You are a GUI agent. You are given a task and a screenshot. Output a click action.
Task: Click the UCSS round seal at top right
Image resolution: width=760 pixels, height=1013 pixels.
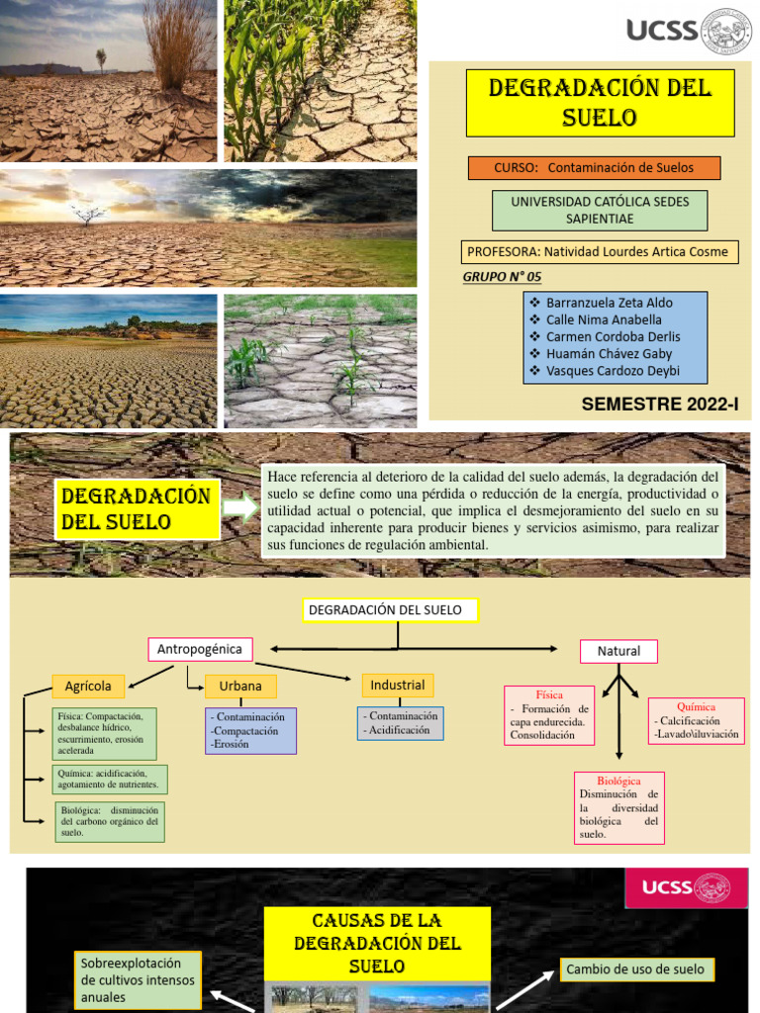tap(726, 31)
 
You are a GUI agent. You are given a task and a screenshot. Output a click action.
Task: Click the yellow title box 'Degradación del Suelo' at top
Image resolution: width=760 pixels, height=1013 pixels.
tap(600, 103)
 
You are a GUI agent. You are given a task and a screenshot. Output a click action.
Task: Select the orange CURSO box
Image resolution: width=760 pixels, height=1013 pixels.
tap(594, 168)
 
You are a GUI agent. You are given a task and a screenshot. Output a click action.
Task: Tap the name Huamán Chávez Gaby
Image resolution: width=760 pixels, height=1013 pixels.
tap(609, 354)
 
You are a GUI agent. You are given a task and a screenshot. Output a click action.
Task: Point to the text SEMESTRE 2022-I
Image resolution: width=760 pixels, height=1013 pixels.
tap(660, 404)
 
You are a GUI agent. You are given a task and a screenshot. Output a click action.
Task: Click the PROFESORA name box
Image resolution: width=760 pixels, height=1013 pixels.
tap(600, 251)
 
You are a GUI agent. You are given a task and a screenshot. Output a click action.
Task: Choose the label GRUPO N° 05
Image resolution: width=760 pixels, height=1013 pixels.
tap(502, 276)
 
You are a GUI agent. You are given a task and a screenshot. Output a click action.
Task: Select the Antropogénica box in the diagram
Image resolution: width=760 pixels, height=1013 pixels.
tap(200, 649)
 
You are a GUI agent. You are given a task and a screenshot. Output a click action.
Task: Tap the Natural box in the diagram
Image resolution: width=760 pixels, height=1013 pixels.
tap(618, 651)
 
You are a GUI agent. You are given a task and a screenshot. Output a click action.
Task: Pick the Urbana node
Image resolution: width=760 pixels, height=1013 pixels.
tap(240, 687)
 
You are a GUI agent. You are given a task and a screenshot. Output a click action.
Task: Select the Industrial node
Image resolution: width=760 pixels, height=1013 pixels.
tap(397, 685)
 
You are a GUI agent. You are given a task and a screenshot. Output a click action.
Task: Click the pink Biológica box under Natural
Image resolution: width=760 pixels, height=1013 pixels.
tap(618, 807)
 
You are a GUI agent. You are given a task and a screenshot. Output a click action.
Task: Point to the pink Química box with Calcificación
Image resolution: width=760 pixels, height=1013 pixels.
tap(696, 720)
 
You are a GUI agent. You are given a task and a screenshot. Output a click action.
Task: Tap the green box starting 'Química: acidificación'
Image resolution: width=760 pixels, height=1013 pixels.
tap(110, 779)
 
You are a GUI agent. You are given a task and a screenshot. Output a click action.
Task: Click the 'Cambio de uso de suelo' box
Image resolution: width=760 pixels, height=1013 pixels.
tap(635, 969)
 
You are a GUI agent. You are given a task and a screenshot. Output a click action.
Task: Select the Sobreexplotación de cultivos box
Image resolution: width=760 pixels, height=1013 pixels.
tap(138, 979)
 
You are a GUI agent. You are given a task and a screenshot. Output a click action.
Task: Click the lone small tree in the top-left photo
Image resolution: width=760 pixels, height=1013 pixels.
tap(101, 58)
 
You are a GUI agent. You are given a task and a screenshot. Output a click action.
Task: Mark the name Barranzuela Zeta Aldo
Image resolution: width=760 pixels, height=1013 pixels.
tap(609, 303)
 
